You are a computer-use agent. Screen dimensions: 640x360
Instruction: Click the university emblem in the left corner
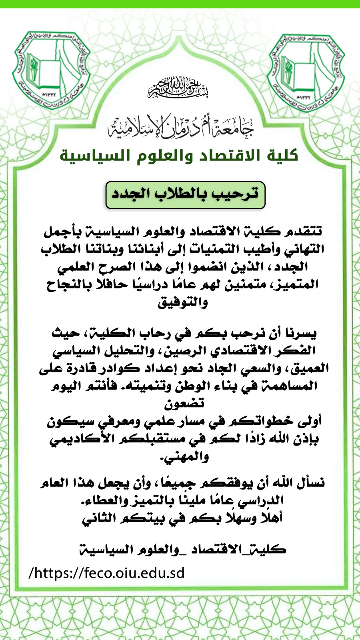[51, 70]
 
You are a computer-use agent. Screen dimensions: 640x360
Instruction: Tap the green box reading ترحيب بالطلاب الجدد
[185, 195]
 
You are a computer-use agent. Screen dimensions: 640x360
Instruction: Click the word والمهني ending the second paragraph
[185, 456]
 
